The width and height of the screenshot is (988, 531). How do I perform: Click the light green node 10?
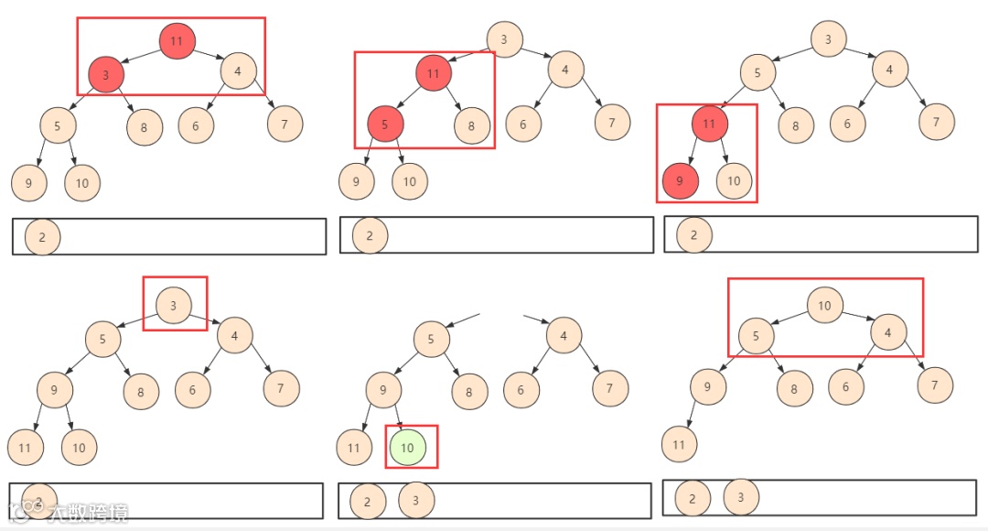[408, 448]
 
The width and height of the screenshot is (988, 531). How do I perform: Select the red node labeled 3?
[106, 75]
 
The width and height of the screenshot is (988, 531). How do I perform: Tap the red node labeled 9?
[680, 181]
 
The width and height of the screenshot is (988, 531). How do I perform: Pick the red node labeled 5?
[385, 124]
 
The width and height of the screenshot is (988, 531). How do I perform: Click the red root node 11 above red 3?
[177, 41]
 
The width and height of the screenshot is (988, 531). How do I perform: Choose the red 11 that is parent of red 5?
[434, 73]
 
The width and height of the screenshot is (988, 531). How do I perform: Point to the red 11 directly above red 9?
[709, 124]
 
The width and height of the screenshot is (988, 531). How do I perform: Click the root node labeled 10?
[824, 305]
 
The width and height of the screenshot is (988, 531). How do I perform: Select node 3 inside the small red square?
[174, 305]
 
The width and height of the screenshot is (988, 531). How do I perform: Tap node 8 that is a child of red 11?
[472, 126]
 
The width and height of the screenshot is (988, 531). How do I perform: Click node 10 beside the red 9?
[734, 181]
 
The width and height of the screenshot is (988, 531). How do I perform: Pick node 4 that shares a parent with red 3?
[238, 71]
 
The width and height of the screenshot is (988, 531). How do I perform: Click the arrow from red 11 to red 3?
[140, 57]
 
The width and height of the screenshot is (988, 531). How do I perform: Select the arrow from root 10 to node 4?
[857, 317]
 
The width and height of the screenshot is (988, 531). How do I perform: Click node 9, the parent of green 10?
[383, 391]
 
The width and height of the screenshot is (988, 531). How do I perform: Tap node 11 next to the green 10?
[354, 448]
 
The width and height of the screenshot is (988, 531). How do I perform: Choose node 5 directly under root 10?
[756, 335]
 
